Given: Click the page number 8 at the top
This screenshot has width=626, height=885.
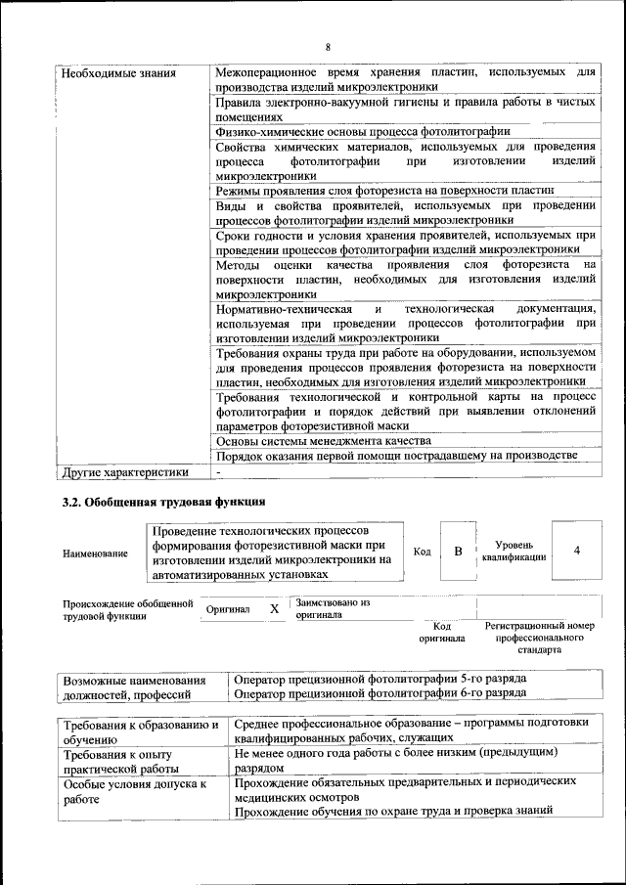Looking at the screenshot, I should [328, 46].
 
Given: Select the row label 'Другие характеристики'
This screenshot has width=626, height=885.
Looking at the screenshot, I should [124, 471].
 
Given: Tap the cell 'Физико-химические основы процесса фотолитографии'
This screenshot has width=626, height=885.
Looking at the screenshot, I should [363, 130].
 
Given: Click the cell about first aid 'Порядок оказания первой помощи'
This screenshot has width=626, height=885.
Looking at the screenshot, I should [397, 456].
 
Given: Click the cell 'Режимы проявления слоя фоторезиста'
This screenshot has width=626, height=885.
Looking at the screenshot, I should [385, 190].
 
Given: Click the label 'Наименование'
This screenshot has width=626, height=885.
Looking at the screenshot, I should [95, 553].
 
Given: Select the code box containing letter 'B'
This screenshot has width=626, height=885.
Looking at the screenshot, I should [457, 552].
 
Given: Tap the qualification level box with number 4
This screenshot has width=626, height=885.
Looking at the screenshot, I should [576, 551].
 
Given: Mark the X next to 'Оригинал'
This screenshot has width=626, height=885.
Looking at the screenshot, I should [274, 609].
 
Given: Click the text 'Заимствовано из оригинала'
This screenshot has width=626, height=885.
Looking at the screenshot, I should [333, 609].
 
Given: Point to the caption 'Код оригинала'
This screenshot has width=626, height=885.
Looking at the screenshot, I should [441, 632].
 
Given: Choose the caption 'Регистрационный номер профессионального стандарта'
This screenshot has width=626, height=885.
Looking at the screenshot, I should [539, 637].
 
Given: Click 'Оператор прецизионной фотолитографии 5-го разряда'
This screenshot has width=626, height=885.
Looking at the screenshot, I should [381, 678].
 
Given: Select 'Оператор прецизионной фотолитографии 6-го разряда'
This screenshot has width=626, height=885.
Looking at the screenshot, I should [381, 692].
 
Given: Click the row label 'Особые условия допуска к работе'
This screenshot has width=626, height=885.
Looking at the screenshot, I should [135, 791].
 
